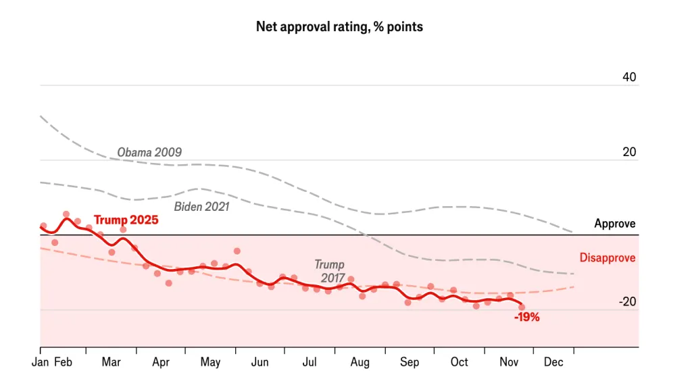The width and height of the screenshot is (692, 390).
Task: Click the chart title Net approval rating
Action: click(x=339, y=27)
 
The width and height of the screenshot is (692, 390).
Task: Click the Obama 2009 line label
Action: click(x=149, y=152)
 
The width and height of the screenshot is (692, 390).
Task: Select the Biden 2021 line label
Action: click(x=202, y=207)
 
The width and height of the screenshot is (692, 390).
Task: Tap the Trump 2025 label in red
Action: click(x=126, y=220)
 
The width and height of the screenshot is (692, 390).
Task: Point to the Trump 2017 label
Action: click(x=329, y=271)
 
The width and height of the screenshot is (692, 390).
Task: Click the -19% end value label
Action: click(x=526, y=317)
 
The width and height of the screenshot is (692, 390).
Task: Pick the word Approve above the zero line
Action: click(x=614, y=224)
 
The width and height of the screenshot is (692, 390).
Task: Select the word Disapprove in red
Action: click(x=607, y=258)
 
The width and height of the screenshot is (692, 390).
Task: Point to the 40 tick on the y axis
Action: click(x=628, y=78)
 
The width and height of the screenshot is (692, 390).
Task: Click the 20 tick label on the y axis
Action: click(x=628, y=153)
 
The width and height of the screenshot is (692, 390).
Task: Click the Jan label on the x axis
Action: click(x=40, y=362)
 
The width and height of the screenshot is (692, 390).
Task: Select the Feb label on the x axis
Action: click(x=63, y=362)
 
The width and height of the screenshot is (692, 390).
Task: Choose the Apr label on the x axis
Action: click(x=160, y=362)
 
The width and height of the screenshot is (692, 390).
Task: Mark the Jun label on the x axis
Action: click(x=259, y=362)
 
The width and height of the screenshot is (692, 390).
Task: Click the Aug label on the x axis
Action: click(x=360, y=362)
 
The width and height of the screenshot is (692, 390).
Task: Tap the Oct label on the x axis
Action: click(x=459, y=362)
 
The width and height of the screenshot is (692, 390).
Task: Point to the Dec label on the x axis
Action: click(x=553, y=362)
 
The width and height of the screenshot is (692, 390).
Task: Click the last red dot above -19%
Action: click(x=522, y=307)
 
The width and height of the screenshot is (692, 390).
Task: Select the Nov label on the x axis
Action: click(x=508, y=362)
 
